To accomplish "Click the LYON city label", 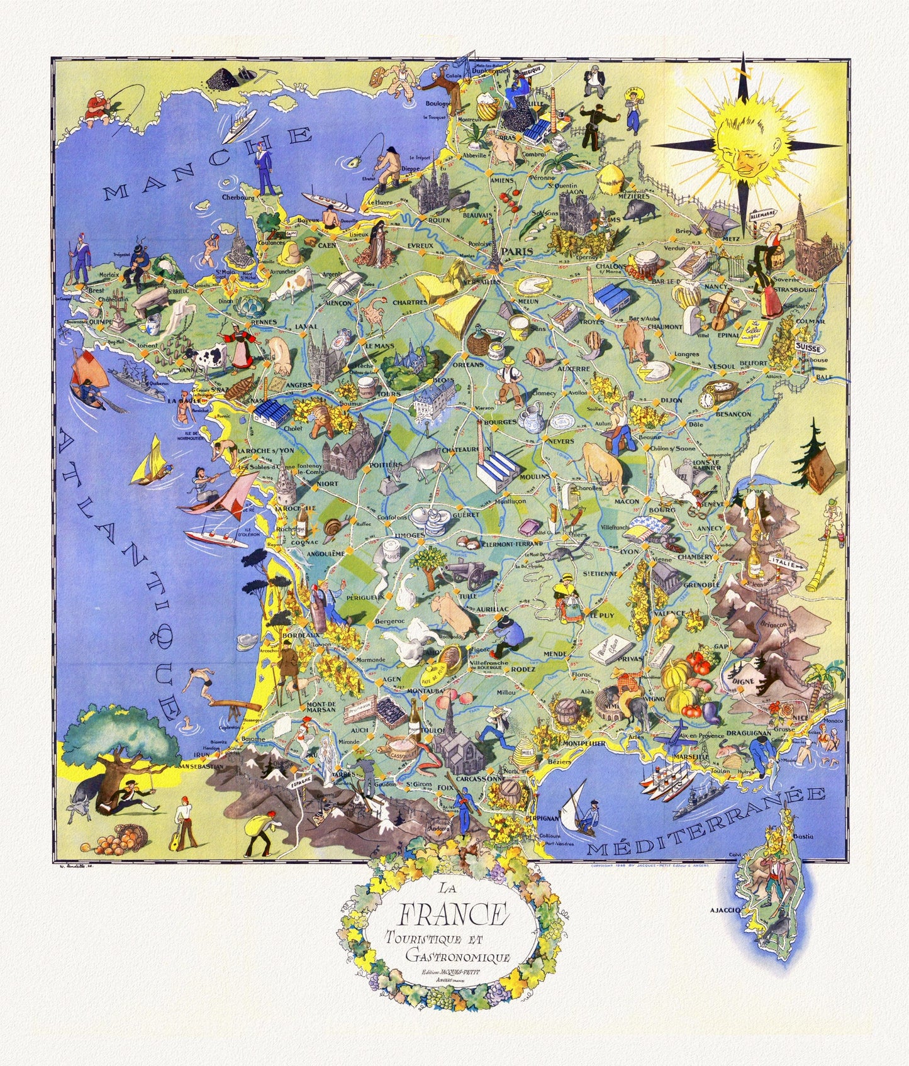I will [628, 551].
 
